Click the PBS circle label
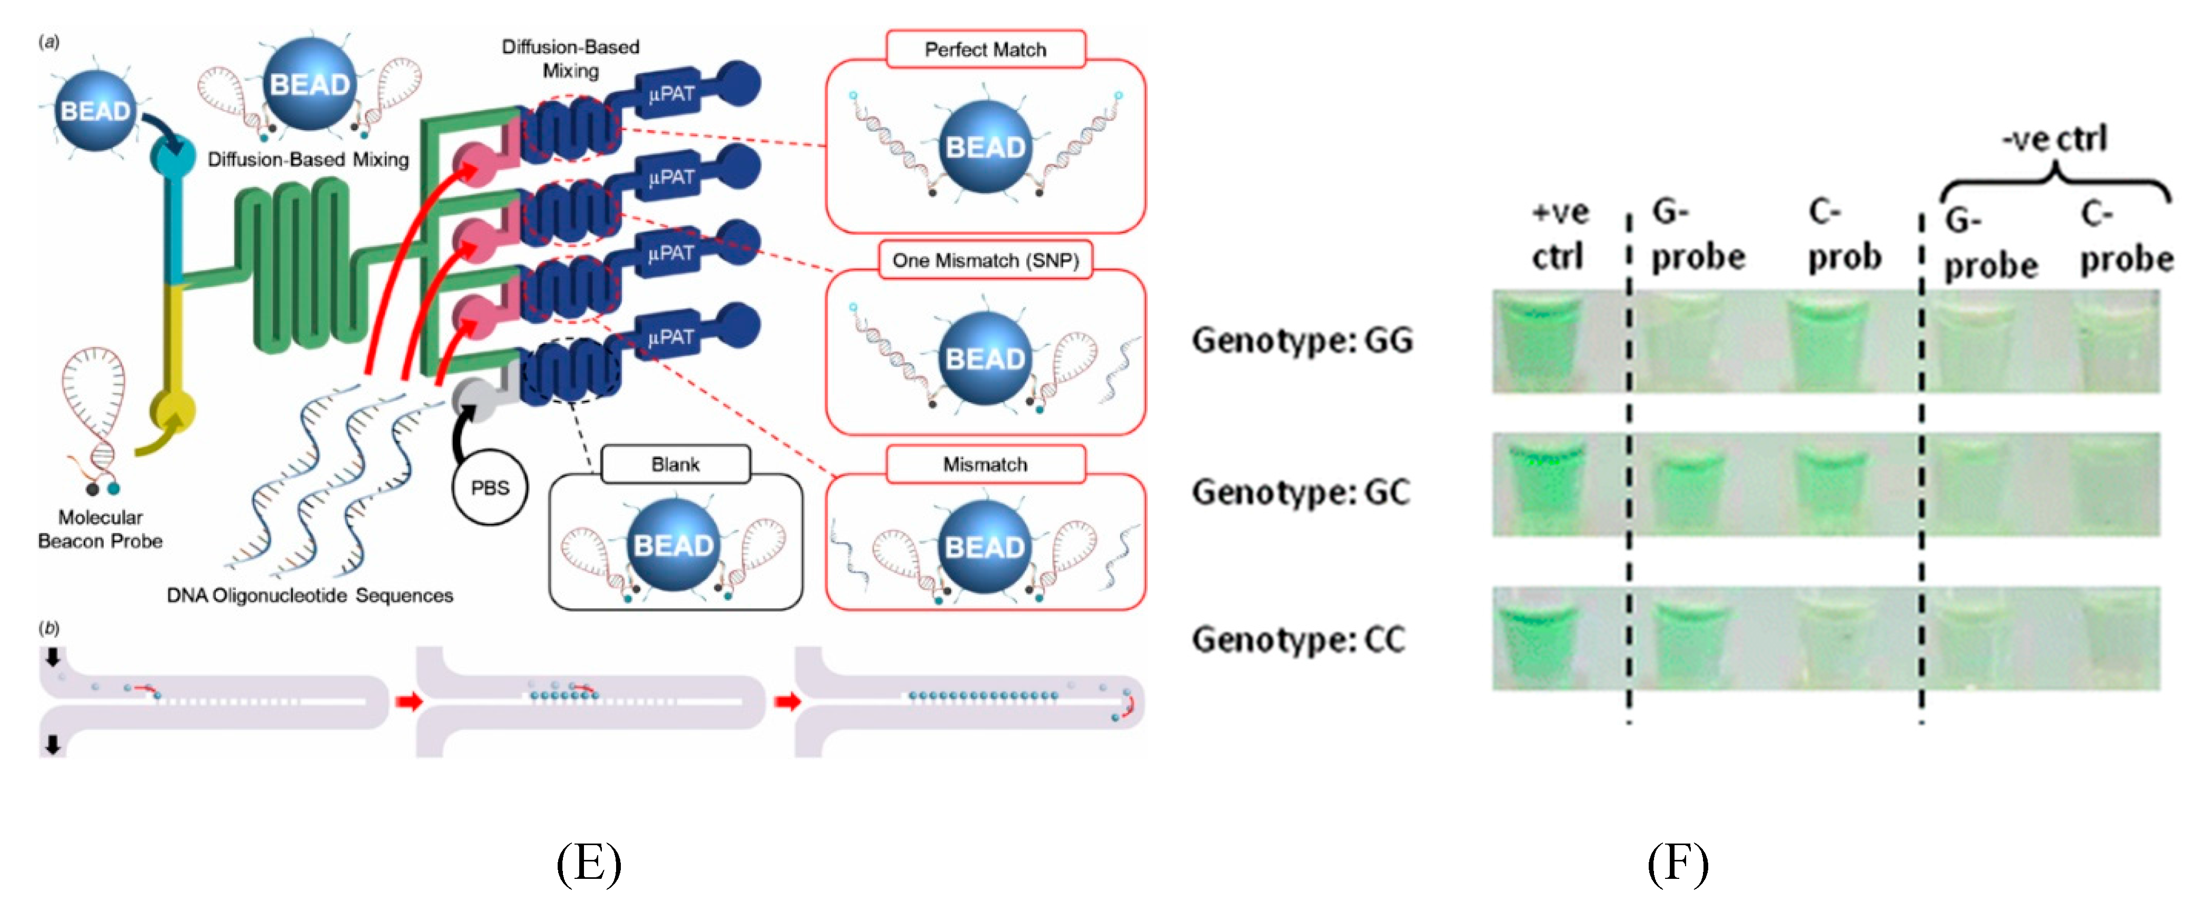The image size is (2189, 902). tap(490, 488)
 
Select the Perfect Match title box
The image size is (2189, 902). tap(985, 49)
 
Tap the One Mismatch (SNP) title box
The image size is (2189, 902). tap(985, 260)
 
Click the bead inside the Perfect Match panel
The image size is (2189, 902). tap(985, 147)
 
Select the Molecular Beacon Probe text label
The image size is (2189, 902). tap(100, 529)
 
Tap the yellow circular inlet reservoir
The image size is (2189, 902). tap(173, 412)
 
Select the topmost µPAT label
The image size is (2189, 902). tap(671, 93)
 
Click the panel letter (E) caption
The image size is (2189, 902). tap(588, 864)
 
